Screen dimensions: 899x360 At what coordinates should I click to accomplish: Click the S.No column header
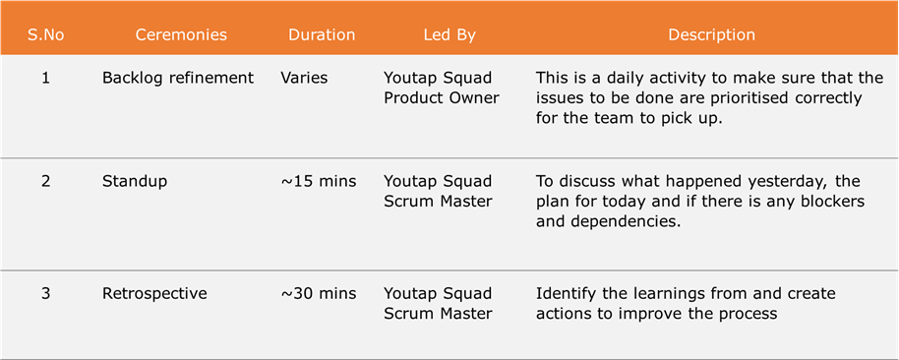[x=46, y=35]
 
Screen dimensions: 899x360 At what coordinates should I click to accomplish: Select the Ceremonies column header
[x=181, y=35]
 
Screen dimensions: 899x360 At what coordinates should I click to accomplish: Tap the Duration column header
[x=322, y=35]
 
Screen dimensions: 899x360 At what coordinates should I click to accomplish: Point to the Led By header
[x=449, y=35]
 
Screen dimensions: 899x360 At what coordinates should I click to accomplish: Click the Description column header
[x=711, y=35]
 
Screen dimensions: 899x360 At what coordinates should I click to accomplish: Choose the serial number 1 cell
[x=46, y=78]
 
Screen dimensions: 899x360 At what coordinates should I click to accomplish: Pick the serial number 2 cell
[x=46, y=182]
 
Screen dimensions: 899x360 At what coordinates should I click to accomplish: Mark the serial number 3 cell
[x=46, y=294]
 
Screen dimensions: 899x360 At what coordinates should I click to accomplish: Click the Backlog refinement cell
[x=178, y=79]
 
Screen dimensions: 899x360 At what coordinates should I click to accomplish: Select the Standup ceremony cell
[x=135, y=182]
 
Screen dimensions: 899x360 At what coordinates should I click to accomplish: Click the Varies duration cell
[x=305, y=79]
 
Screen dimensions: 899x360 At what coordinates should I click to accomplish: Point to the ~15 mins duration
[x=319, y=182]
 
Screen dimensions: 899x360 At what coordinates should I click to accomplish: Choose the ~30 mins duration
[x=319, y=294]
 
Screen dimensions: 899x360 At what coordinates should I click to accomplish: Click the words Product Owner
[x=442, y=98]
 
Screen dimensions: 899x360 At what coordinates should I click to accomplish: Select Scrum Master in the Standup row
[x=438, y=202]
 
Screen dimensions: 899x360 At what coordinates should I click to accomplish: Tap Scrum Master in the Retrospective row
[x=438, y=314]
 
